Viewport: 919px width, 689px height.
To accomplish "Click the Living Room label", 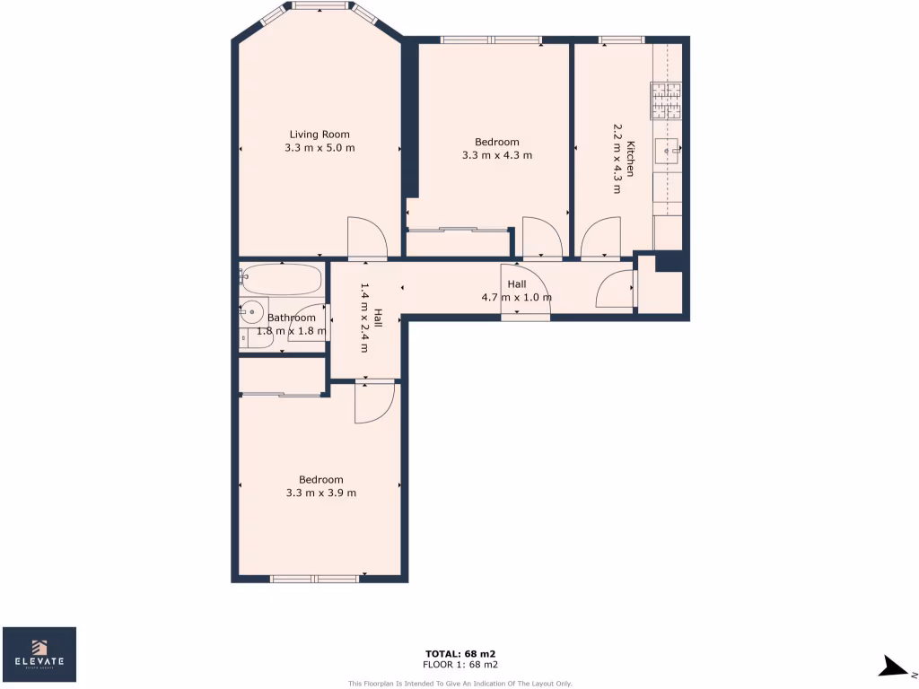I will coord(319,135).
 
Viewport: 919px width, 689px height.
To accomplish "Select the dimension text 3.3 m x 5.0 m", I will coord(319,148).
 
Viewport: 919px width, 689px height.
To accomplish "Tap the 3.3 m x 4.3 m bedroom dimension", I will coord(497,155).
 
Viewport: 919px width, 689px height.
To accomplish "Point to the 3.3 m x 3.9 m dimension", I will coord(320,493).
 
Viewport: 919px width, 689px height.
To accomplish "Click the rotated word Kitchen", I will coord(631,159).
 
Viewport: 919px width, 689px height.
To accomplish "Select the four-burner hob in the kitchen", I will coord(666,101).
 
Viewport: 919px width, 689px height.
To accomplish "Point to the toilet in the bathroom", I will coord(243,338).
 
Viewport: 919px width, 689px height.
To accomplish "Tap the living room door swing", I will coord(366,238).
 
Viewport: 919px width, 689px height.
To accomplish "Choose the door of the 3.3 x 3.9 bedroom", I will coord(373,401).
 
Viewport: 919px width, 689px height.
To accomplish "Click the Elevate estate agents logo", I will coord(39,654).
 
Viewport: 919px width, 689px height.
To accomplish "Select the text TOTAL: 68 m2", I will coord(460,653).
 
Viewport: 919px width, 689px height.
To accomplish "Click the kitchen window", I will coord(621,39).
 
